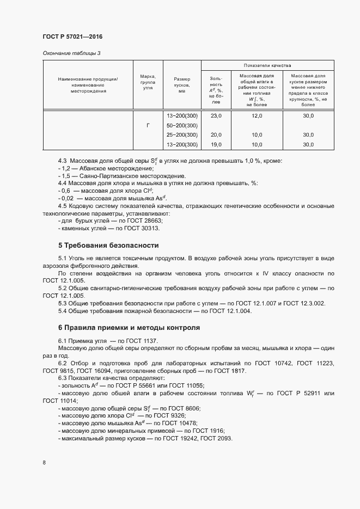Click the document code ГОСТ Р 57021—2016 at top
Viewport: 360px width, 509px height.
click(72, 36)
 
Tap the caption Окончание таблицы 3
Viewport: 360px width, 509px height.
click(72, 53)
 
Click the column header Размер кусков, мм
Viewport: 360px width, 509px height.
click(182, 85)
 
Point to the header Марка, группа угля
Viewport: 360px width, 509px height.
click(148, 85)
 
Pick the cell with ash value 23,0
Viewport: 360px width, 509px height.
click(216, 116)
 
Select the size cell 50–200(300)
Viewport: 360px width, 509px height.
click(182, 126)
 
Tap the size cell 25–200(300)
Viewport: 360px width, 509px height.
click(182, 135)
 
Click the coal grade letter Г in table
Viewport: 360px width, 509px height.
click(148, 126)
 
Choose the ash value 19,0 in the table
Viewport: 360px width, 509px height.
click(216, 144)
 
